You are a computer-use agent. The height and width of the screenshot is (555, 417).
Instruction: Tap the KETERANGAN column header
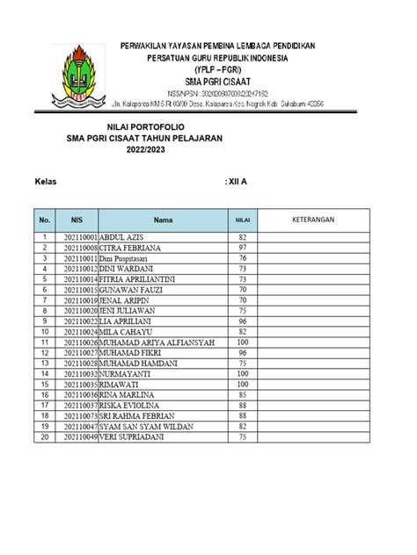tap(314, 220)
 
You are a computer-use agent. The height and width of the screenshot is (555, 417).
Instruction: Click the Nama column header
tap(164, 220)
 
